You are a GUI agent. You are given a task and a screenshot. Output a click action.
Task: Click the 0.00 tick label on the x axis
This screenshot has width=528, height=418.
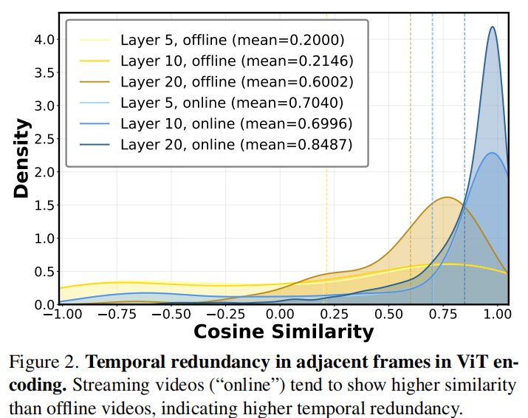pyautogui.click(x=284, y=313)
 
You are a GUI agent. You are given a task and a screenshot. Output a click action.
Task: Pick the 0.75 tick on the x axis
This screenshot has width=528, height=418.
pyautogui.click(x=447, y=313)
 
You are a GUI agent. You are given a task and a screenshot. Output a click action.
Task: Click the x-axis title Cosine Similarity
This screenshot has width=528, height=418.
pyautogui.click(x=284, y=332)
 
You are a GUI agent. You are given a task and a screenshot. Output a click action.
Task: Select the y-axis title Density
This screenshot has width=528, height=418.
pyautogui.click(x=22, y=158)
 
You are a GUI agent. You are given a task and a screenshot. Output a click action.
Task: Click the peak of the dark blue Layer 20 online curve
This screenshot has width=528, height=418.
pyautogui.click(x=492, y=27)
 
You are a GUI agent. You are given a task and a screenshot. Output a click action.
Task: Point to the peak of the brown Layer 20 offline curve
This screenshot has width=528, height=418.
pyautogui.click(x=446, y=197)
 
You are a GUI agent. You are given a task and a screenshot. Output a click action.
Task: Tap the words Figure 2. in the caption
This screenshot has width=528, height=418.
pyautogui.click(x=43, y=363)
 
